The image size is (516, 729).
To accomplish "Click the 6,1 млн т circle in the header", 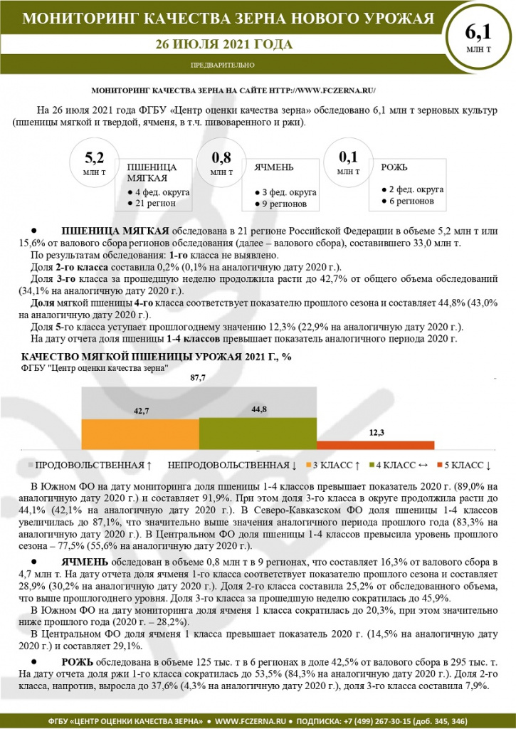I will click(x=478, y=39).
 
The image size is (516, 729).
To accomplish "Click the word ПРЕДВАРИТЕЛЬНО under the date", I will click(x=223, y=65).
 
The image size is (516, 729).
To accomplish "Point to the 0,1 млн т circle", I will click(x=348, y=161).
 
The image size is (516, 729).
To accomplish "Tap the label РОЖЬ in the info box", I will click(x=394, y=167).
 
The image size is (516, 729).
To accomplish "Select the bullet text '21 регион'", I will click(x=154, y=204).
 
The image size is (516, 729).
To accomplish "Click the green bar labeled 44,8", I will click(x=258, y=431).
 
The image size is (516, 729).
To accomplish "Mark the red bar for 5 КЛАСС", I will click(x=376, y=444).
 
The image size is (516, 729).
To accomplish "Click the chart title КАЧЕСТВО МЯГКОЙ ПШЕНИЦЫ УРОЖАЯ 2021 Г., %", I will click(x=157, y=356).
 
